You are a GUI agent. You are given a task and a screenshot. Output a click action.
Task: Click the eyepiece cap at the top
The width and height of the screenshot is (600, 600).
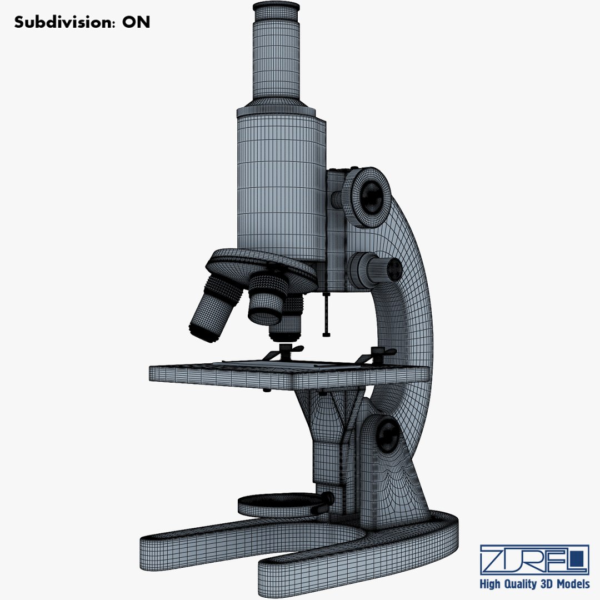pos(276,8)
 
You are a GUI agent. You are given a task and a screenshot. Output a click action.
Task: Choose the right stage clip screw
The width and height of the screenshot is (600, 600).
pos(378,353)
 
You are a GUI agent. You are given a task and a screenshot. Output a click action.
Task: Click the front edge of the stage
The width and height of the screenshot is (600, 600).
pos(222,376)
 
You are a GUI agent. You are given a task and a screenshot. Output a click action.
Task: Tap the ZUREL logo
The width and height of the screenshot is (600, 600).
pos(534,559)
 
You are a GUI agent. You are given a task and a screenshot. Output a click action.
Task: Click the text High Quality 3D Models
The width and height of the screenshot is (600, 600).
pos(534,584)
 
